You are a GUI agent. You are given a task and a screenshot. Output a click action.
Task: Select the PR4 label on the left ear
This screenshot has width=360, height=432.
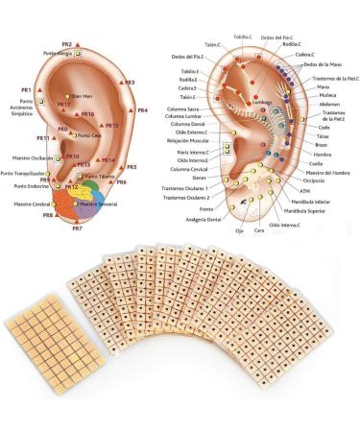[142, 111]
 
